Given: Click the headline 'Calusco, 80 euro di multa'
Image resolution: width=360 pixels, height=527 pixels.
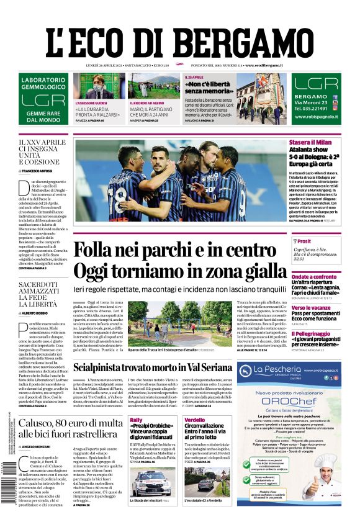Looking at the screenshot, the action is [x=70, y=423].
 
